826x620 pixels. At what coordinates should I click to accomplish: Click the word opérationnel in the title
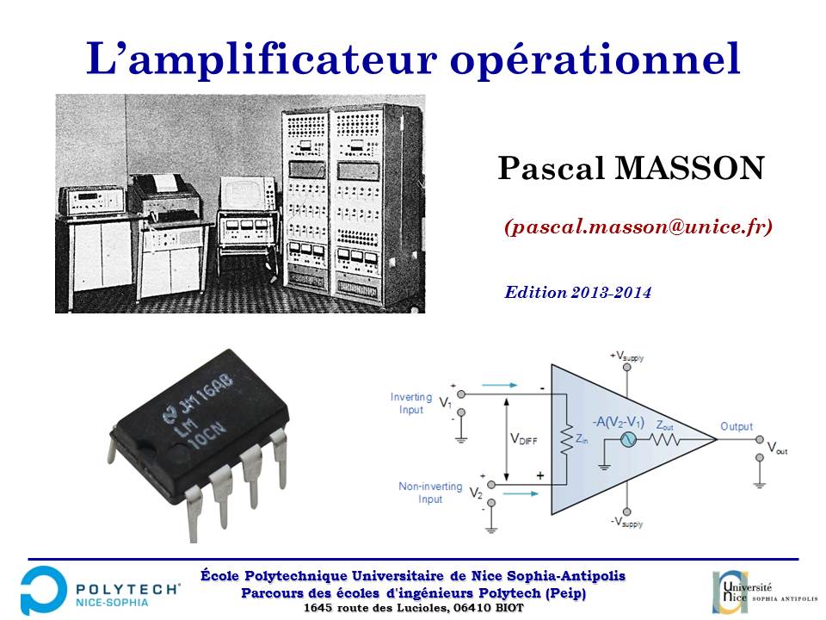click(x=595, y=59)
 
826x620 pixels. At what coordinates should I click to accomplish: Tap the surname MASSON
click(x=689, y=169)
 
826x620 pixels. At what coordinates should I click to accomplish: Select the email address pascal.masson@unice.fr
click(x=638, y=226)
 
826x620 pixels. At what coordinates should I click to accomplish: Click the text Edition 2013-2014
click(x=578, y=292)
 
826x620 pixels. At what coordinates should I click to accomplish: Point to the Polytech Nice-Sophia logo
click(x=100, y=591)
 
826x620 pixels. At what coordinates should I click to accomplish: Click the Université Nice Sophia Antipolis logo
click(x=764, y=592)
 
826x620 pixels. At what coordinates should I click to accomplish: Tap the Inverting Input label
click(x=411, y=403)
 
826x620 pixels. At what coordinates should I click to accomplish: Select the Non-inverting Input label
click(x=430, y=493)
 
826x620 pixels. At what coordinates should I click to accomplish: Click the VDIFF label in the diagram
click(x=524, y=439)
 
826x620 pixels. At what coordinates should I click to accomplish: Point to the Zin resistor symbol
click(x=566, y=438)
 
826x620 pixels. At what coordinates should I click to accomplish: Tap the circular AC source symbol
click(x=627, y=439)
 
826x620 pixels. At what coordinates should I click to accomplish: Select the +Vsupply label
click(x=626, y=356)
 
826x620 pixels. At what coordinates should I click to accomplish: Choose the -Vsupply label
click(x=626, y=523)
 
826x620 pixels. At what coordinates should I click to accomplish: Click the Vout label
click(x=777, y=449)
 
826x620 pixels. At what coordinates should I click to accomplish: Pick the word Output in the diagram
click(x=737, y=426)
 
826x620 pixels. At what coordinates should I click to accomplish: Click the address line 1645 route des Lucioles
click(x=414, y=608)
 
